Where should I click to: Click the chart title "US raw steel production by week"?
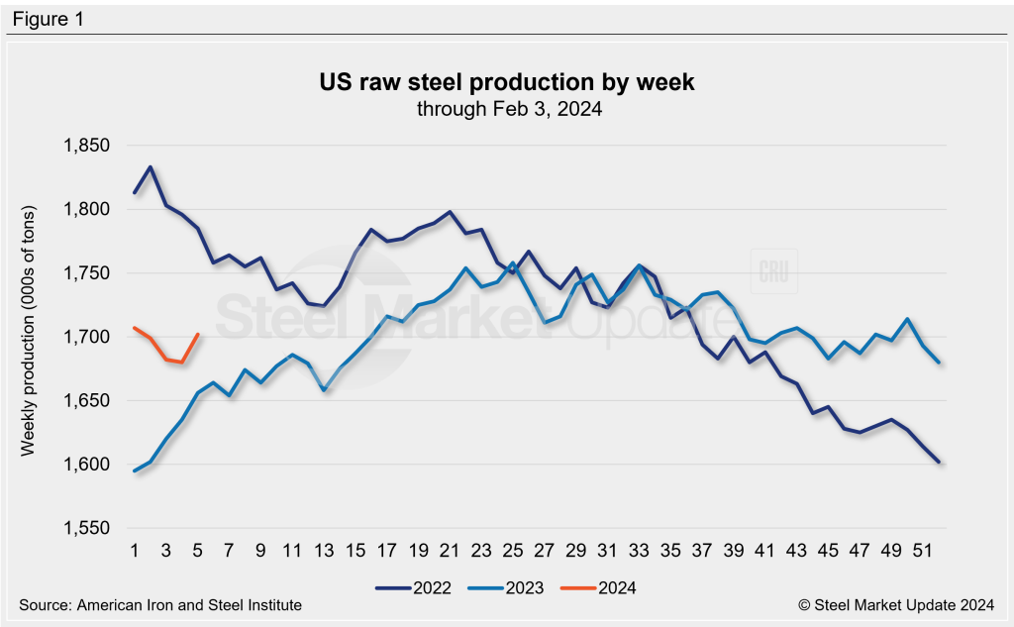tap(505, 82)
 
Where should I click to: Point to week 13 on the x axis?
tap(323, 548)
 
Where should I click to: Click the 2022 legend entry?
tap(414, 587)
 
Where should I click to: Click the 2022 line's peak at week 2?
tap(151, 167)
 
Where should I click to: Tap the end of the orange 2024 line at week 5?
tap(198, 335)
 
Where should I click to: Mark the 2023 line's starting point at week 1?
tap(135, 470)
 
